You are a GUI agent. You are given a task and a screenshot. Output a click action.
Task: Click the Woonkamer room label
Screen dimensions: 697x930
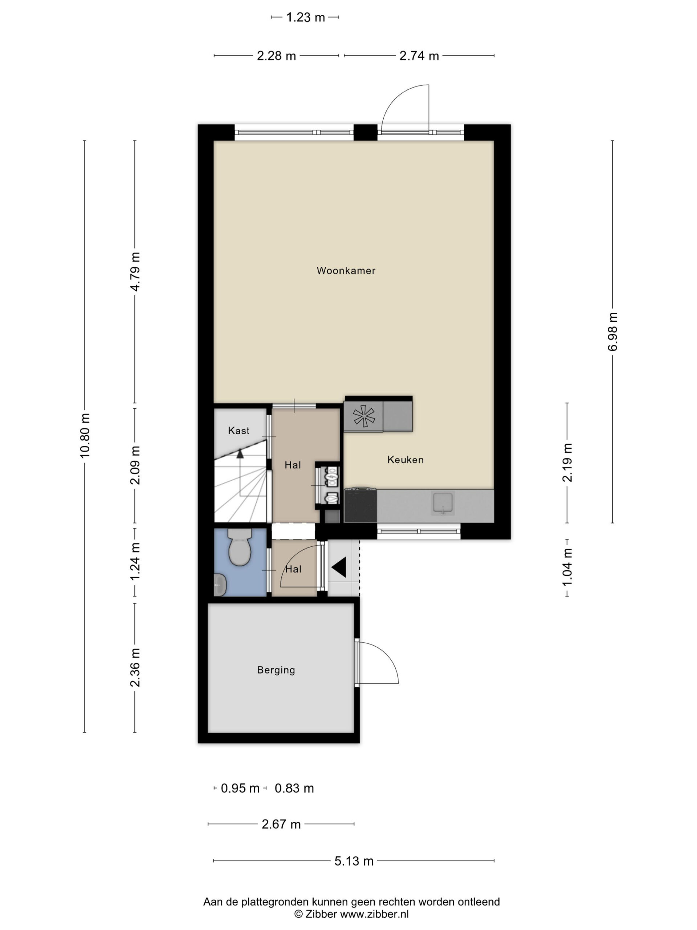(346, 271)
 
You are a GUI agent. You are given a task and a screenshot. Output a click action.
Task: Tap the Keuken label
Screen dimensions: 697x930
(405, 460)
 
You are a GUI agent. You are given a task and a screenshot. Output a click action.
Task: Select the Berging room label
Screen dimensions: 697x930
(276, 670)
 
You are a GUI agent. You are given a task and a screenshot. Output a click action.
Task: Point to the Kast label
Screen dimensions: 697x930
(239, 430)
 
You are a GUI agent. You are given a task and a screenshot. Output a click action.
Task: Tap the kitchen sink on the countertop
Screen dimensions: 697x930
(443, 503)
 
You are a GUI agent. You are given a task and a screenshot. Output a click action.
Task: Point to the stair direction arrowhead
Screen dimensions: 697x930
(240, 454)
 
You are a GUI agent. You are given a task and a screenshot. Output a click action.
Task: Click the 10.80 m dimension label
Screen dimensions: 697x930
(85, 435)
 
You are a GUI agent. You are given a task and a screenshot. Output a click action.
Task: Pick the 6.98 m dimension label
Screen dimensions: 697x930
(612, 332)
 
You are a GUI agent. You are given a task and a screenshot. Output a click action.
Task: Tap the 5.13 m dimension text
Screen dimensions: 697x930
(354, 861)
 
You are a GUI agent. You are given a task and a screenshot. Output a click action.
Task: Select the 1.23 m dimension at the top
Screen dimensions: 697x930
(305, 17)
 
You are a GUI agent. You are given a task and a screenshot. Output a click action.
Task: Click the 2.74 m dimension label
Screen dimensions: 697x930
(419, 56)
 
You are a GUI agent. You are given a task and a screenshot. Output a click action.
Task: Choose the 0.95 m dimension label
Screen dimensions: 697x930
(240, 789)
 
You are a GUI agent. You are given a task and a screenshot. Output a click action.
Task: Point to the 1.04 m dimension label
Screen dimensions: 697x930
(567, 567)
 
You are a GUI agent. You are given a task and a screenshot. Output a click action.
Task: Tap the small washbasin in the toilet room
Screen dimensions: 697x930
(220, 585)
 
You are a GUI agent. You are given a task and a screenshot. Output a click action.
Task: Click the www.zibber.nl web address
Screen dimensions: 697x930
(374, 914)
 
